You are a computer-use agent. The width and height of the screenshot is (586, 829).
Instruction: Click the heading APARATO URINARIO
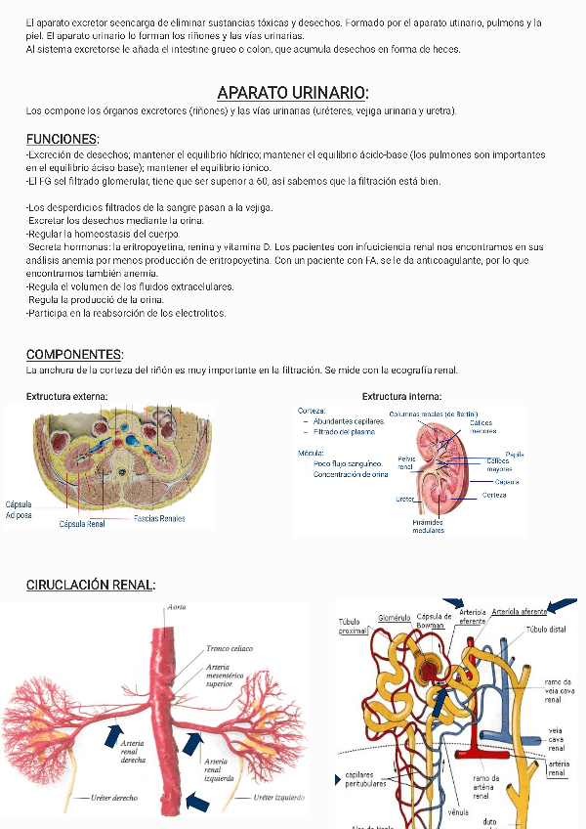pos(292,93)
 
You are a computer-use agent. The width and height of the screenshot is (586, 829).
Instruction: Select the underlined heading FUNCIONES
pos(62,139)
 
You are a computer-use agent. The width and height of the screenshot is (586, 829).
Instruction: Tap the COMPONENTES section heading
pos(74,354)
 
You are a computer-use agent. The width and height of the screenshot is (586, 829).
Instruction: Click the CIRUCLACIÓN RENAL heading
pos(90,585)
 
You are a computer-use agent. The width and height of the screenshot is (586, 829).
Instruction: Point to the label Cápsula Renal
pos(82,524)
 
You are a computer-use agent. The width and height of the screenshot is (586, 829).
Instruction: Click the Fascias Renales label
pos(159,518)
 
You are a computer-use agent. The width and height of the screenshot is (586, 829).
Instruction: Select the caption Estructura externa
pos(66,396)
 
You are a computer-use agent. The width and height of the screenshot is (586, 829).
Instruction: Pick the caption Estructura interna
pos(401,396)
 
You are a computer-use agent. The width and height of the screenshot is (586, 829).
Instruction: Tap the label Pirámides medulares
pos(428,526)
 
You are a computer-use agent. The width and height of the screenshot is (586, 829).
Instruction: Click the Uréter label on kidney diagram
pos(405,499)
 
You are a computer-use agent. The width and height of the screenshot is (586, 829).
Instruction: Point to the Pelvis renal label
pos(406,462)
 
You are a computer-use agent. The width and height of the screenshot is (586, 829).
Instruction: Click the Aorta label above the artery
pos(177,607)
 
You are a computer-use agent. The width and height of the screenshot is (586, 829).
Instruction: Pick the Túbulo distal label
pos(546,630)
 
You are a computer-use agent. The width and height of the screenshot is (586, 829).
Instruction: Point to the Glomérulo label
pos(395,618)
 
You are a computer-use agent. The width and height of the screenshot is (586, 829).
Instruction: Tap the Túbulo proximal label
pos(352,626)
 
